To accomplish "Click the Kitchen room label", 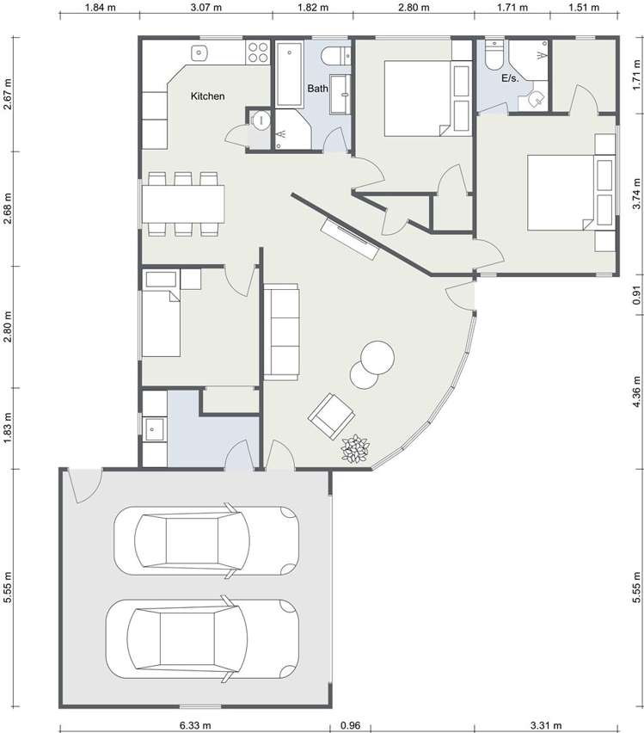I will (207, 96).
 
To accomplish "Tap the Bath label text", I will (318, 89).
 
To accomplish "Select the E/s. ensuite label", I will (510, 78).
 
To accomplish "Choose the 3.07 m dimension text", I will (206, 8).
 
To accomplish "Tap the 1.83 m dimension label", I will (8, 428).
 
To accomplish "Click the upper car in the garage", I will (206, 539).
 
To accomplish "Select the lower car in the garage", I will (202, 635).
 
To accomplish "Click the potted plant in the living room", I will (354, 449).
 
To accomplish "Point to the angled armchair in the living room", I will (331, 416).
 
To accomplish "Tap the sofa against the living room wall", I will (282, 331).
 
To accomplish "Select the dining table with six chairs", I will (183, 204).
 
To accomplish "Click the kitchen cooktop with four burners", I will (256, 53).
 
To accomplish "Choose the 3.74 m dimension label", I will (636, 194).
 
